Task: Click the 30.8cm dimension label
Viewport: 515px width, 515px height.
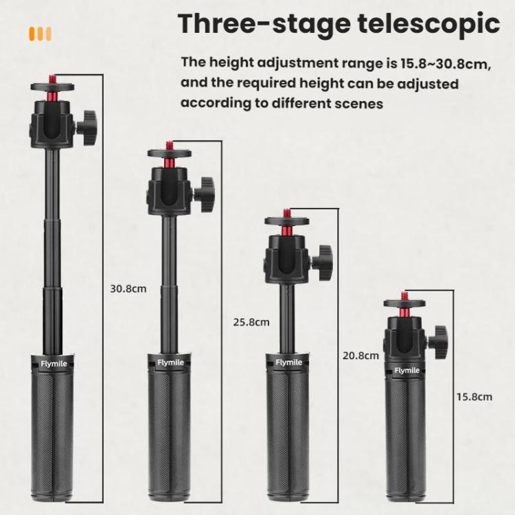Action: tap(128, 289)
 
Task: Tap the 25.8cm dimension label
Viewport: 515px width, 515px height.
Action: tap(251, 321)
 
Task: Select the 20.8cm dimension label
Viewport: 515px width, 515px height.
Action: tap(360, 356)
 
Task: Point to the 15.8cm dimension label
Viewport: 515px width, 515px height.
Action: tap(474, 397)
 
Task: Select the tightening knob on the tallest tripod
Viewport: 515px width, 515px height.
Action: tap(87, 124)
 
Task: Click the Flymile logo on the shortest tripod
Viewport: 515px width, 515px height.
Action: tap(406, 371)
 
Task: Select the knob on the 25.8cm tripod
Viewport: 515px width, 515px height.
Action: tap(205, 188)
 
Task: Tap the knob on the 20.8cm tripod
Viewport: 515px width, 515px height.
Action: tap(321, 258)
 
